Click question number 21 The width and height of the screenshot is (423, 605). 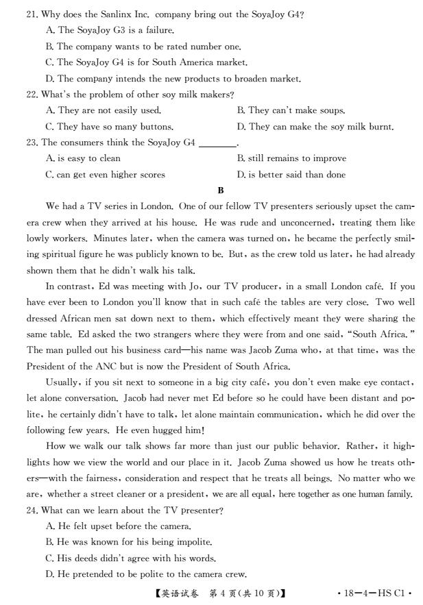coord(32,14)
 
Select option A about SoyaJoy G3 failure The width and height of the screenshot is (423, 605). coord(110,30)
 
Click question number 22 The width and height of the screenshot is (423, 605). coord(32,94)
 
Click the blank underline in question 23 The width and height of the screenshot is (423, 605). coord(217,143)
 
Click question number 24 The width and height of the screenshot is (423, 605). coord(32,510)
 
